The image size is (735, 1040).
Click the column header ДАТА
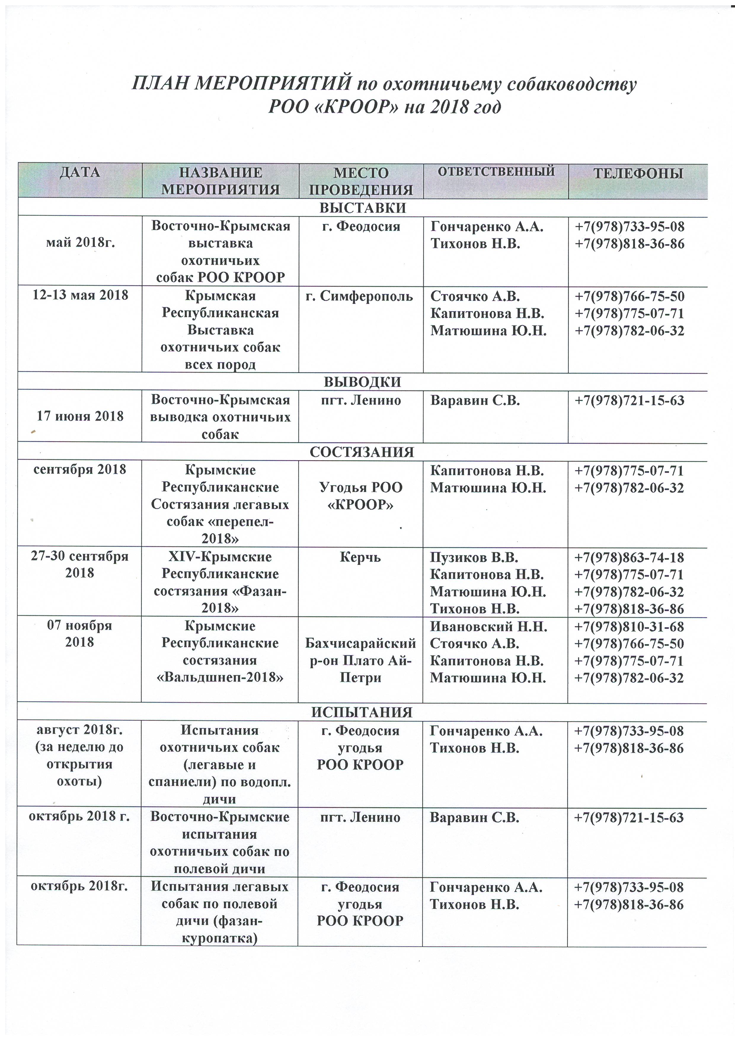pos(80,172)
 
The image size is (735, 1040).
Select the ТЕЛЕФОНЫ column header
pos(637,173)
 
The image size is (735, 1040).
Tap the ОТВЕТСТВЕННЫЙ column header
pos(496,171)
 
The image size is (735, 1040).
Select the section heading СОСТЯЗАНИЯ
pos(362,452)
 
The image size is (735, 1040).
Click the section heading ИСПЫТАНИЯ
pos(362,712)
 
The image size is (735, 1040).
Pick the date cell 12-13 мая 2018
pos(80,295)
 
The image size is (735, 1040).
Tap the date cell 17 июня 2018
pos(80,416)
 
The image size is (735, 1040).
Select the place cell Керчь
pos(360,557)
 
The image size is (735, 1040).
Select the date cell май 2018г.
pos(80,243)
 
